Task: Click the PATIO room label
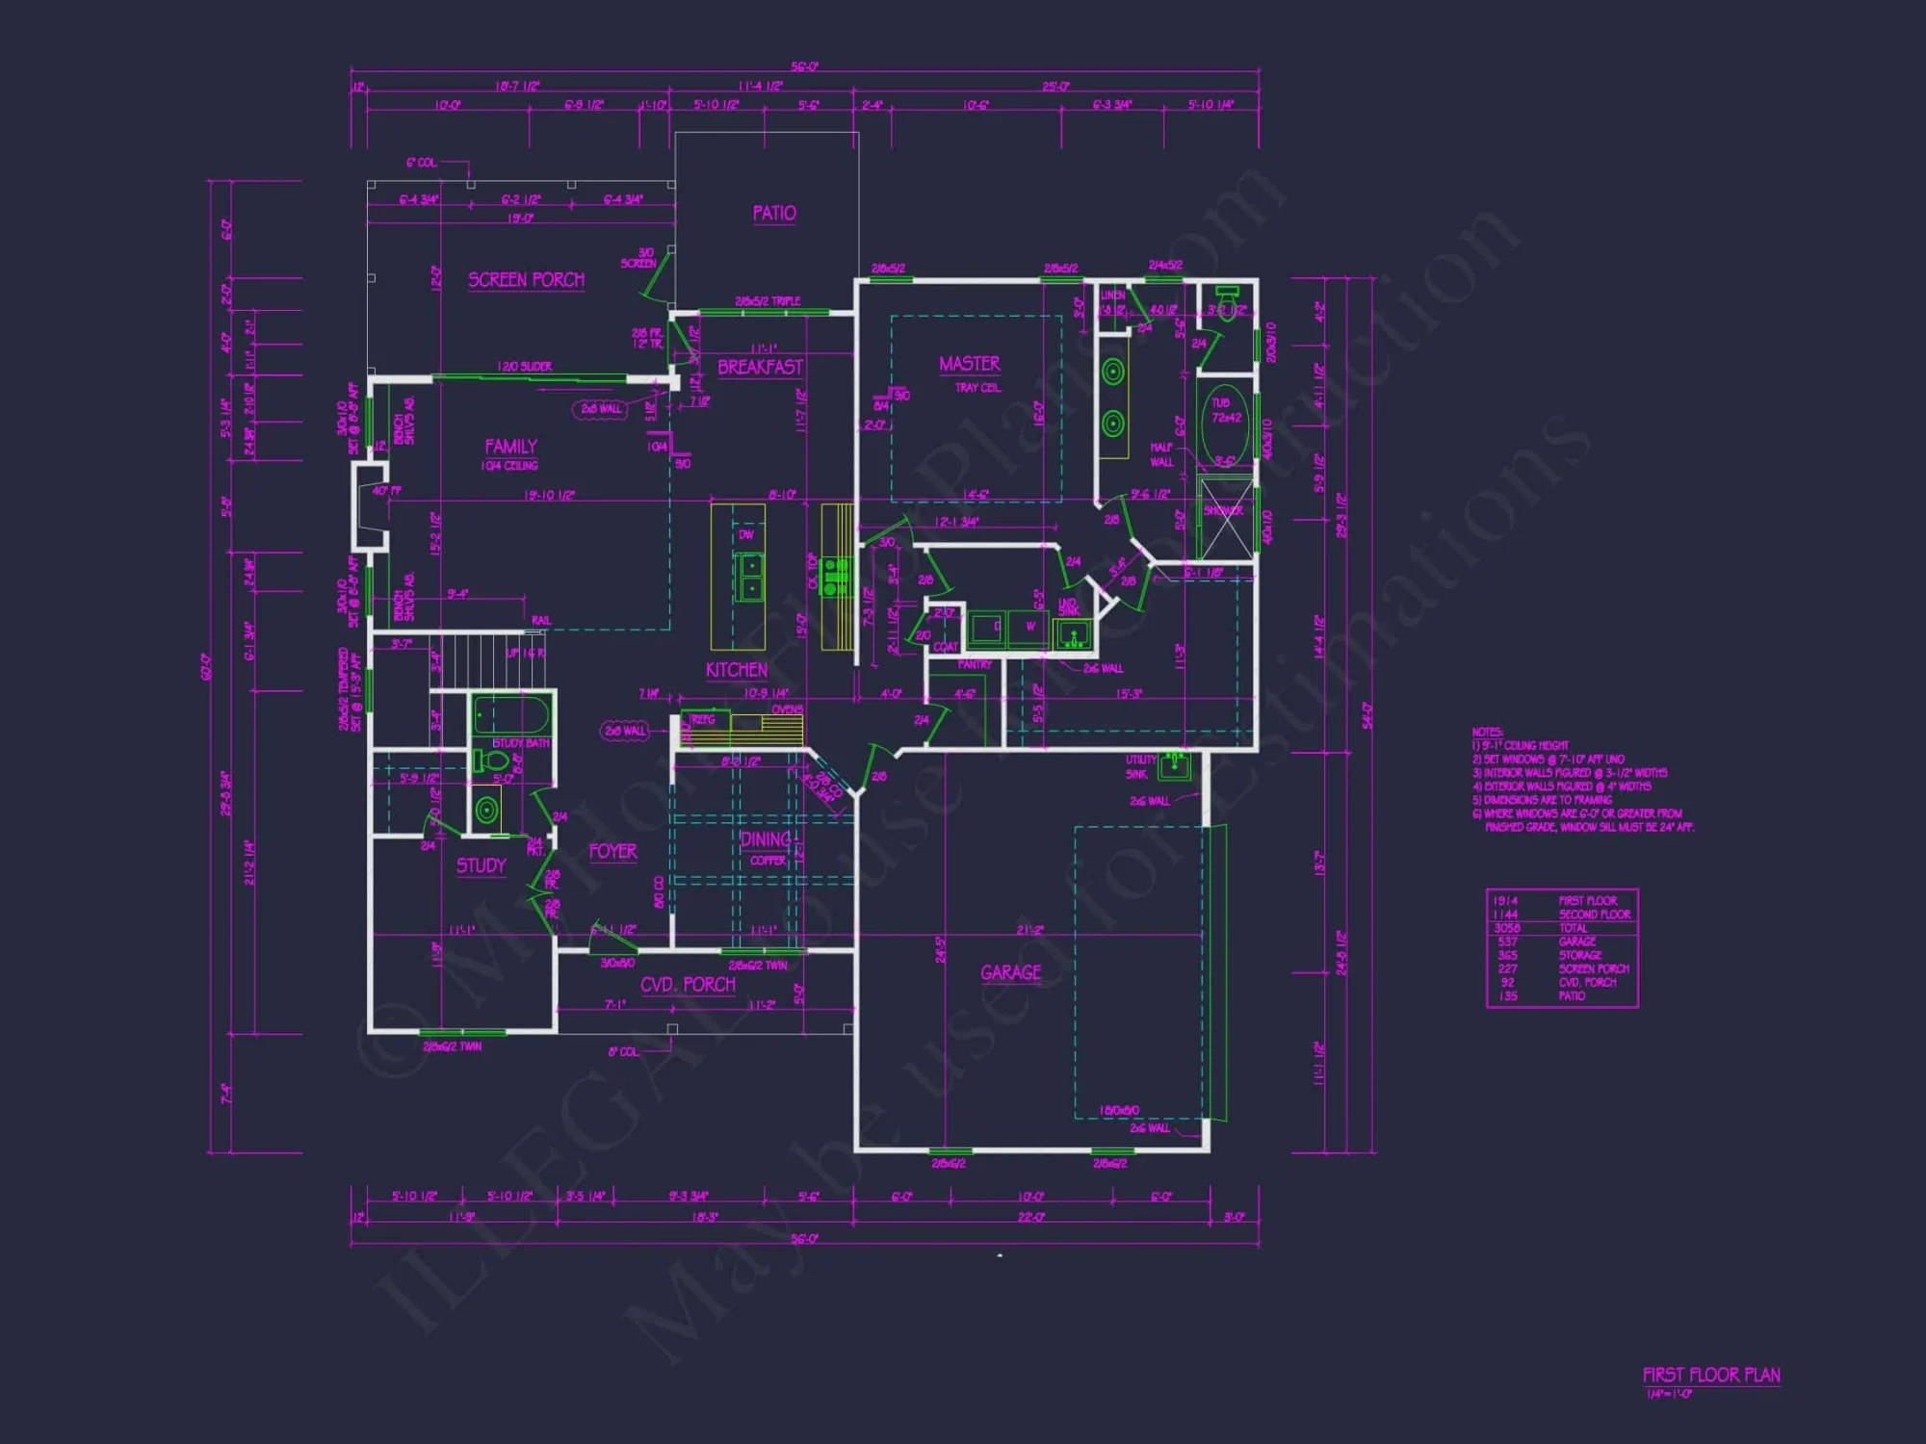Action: coord(774,213)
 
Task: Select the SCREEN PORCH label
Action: coord(526,280)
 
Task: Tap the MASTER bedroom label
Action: coord(969,364)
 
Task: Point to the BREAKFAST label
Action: coord(760,367)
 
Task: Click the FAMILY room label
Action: coord(510,447)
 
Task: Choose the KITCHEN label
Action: coord(737,670)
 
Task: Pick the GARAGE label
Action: coord(1010,972)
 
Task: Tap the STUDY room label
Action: coord(481,865)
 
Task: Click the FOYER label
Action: coord(612,852)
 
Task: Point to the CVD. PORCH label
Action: coord(688,985)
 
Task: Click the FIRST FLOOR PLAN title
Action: coord(1711,1375)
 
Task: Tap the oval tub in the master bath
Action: coord(1226,424)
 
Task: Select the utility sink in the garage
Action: coord(1174,766)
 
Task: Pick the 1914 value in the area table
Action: coord(1505,901)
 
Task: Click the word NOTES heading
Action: coord(1487,733)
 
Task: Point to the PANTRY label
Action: coord(975,665)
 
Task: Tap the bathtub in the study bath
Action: coord(510,716)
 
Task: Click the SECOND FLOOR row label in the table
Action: coord(1595,915)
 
